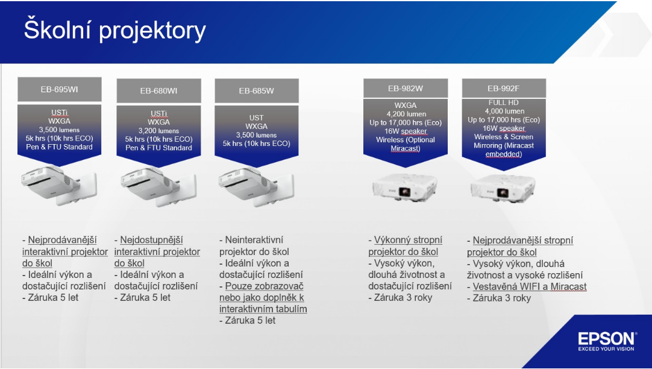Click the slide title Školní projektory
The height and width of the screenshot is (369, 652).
pos(114,30)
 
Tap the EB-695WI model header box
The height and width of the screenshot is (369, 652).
pos(60,89)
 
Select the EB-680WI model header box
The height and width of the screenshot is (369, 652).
pos(158,90)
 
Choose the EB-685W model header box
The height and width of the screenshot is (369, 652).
pos(257,90)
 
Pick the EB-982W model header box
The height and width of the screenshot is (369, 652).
pos(406,88)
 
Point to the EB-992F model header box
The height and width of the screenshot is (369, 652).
pos(504,88)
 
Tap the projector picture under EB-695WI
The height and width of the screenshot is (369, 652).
pos(58,185)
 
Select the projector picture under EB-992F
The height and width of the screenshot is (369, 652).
pos(503,187)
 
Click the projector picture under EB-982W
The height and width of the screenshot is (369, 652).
pos(405,187)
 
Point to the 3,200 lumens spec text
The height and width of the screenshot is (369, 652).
pos(159,131)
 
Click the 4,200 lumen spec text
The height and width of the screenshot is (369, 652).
pos(406,114)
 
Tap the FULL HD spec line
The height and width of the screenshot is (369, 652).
pos(504,102)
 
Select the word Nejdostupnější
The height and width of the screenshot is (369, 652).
pos(151,240)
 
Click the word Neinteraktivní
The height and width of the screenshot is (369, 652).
pos(254,240)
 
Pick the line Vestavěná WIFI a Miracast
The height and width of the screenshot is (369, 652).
pos(529,286)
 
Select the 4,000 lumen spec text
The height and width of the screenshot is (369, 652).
pos(504,111)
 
